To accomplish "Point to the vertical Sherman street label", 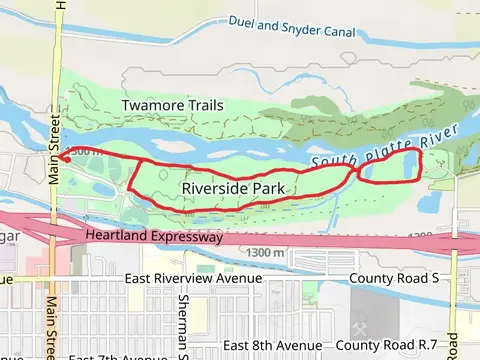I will pyautogui.click(x=183, y=326).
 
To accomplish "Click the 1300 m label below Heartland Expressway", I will pyautogui.click(x=264, y=254).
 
